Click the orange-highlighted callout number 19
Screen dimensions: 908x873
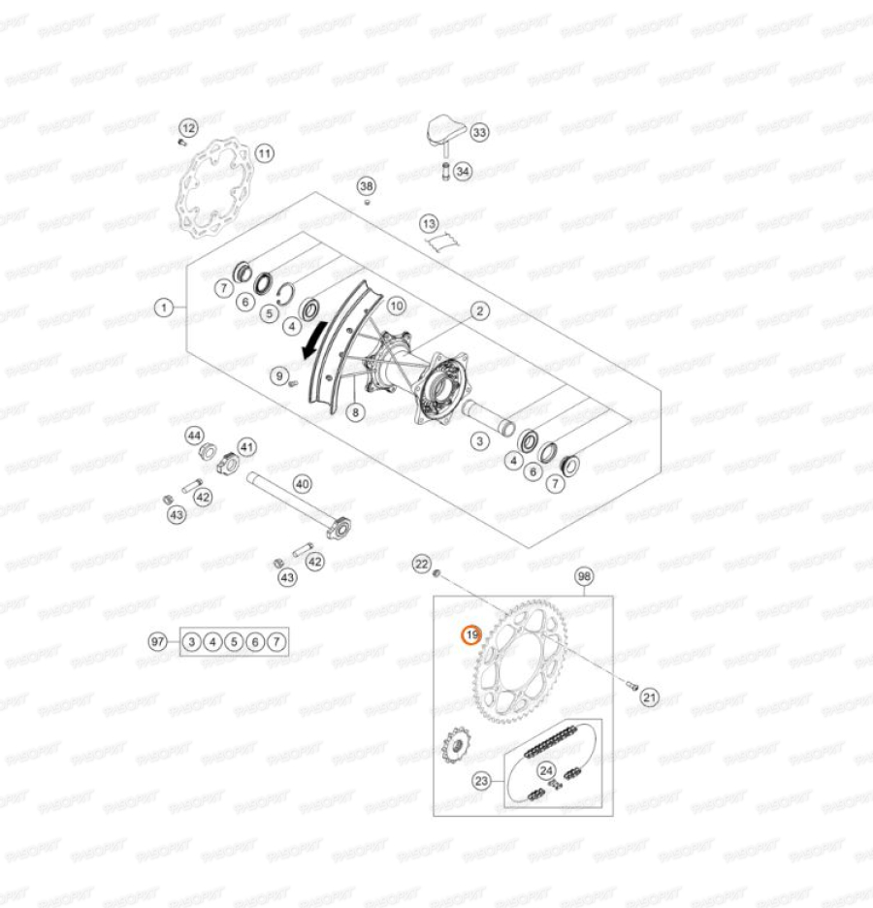pos(470,635)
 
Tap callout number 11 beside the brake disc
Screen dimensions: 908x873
pos(265,152)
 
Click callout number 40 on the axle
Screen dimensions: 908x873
pos(302,482)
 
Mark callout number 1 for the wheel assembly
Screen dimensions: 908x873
pos(165,308)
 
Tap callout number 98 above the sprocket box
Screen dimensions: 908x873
pos(583,576)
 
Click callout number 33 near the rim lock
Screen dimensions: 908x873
pos(480,132)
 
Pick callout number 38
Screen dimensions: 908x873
pos(366,185)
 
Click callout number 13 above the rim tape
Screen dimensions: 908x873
pos(430,224)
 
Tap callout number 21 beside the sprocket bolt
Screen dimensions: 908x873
pos(650,696)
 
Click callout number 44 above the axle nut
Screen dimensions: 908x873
pos(195,435)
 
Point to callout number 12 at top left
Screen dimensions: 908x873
pos(188,127)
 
